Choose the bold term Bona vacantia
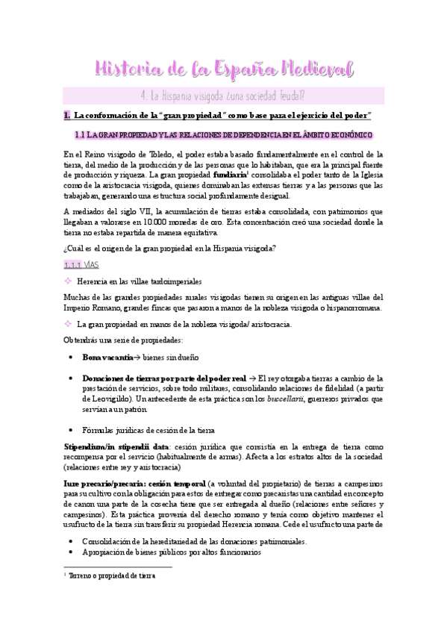pyautogui.click(x=107, y=358)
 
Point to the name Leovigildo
pyautogui.click(x=104, y=399)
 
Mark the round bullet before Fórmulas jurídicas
pyautogui.click(x=69, y=430)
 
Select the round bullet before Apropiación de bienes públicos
pyautogui.click(x=69, y=554)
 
